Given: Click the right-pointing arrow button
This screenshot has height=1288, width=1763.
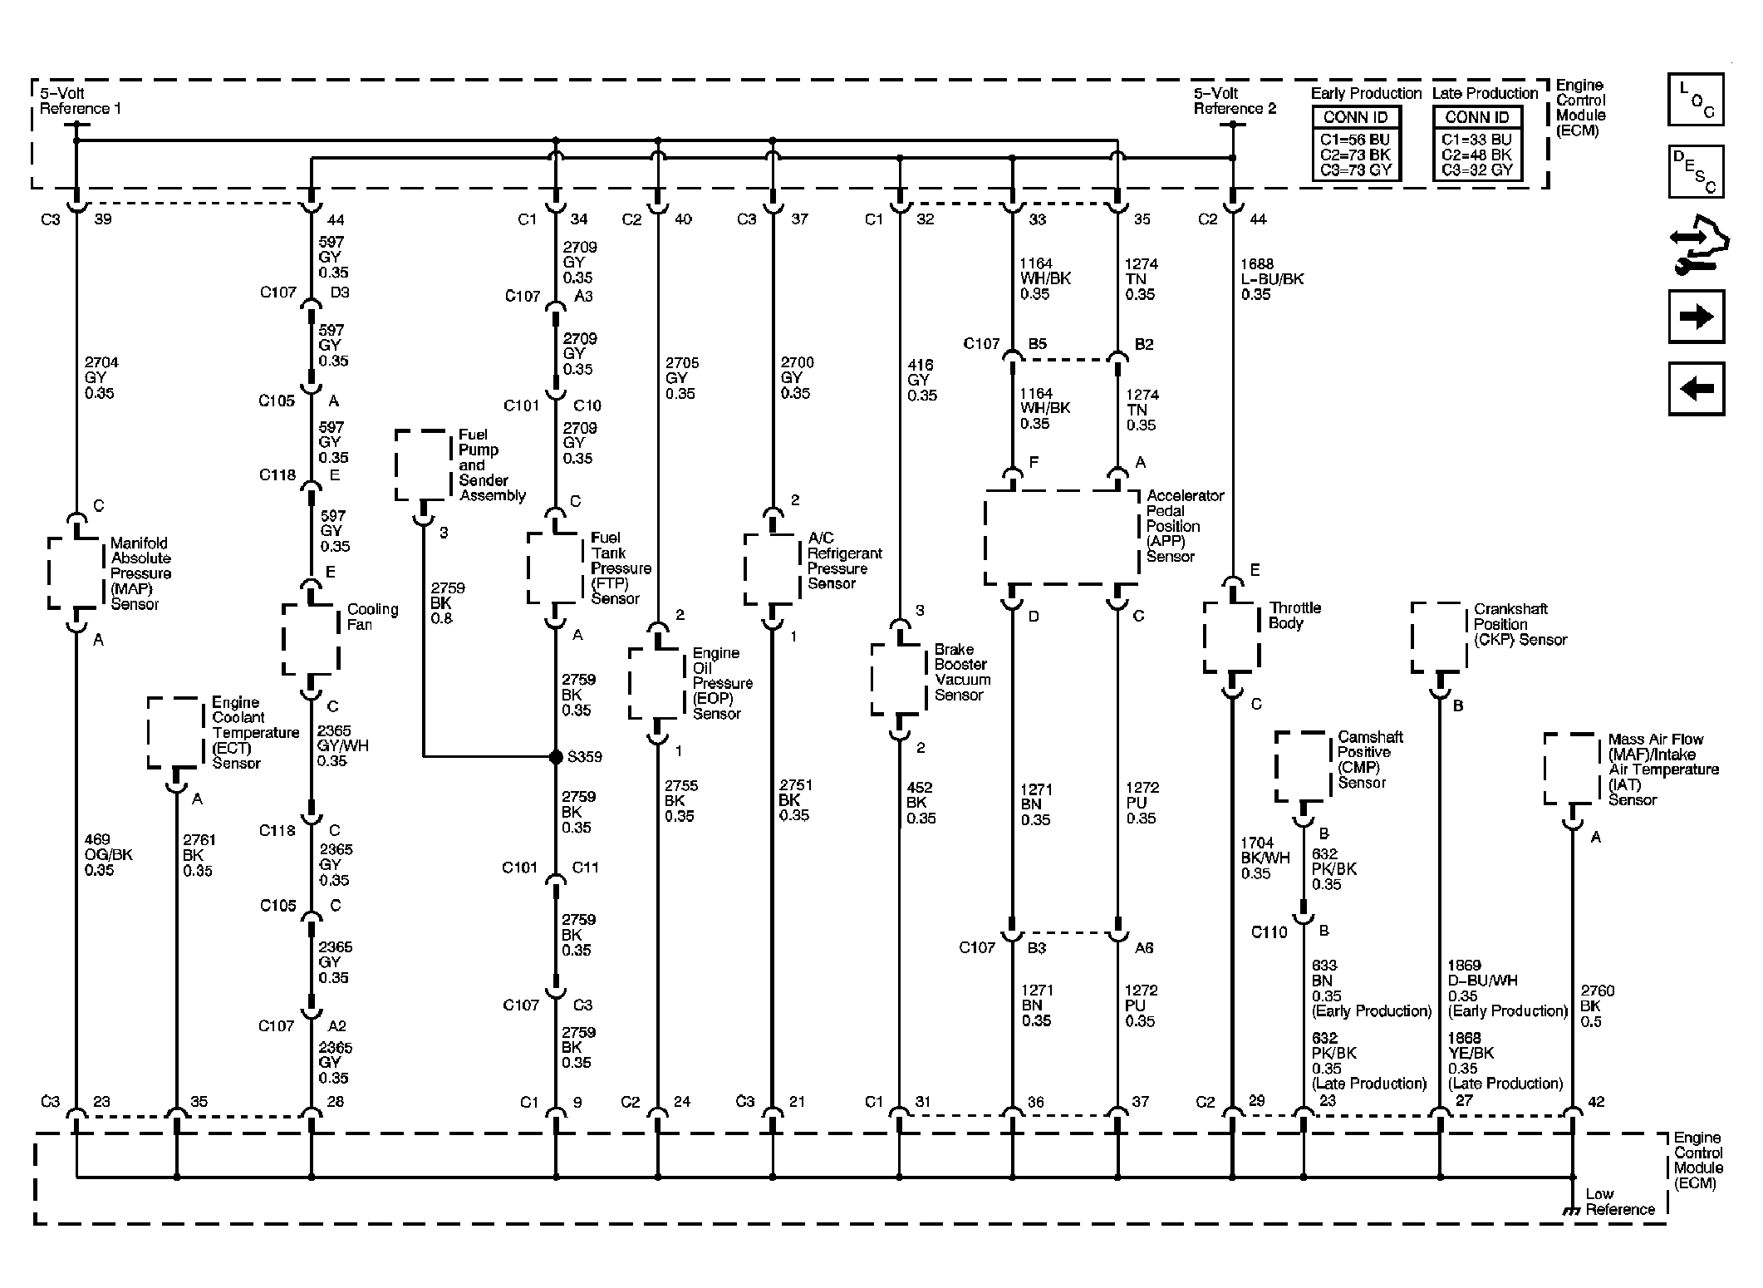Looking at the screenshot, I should point(1696,317).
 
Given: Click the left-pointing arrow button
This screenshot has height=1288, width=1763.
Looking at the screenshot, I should point(1696,388).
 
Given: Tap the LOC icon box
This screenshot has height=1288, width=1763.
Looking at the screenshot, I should point(1696,100).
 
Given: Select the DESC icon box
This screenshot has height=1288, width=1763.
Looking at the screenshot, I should point(1696,171).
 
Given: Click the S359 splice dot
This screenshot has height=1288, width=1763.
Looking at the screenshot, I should point(556,757).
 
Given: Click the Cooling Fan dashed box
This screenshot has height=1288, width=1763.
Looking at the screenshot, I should point(311,638).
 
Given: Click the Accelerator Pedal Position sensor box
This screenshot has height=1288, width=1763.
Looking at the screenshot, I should point(1061,537).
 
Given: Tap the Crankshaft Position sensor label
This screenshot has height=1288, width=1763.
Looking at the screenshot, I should point(1520,624).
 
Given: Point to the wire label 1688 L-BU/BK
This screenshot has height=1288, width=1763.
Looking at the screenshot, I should point(1271,279).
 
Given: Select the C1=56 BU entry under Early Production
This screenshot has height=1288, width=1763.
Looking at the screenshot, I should point(1355,140).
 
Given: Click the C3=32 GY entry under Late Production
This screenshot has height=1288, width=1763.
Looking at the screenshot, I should point(1477,170).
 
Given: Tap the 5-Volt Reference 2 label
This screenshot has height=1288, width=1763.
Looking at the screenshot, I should point(1234,101).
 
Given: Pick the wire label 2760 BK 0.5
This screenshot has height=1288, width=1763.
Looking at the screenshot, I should point(1597,1006).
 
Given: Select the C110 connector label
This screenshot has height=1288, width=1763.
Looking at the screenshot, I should point(1269,932).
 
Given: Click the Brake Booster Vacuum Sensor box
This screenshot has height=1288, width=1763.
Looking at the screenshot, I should point(899,678).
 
